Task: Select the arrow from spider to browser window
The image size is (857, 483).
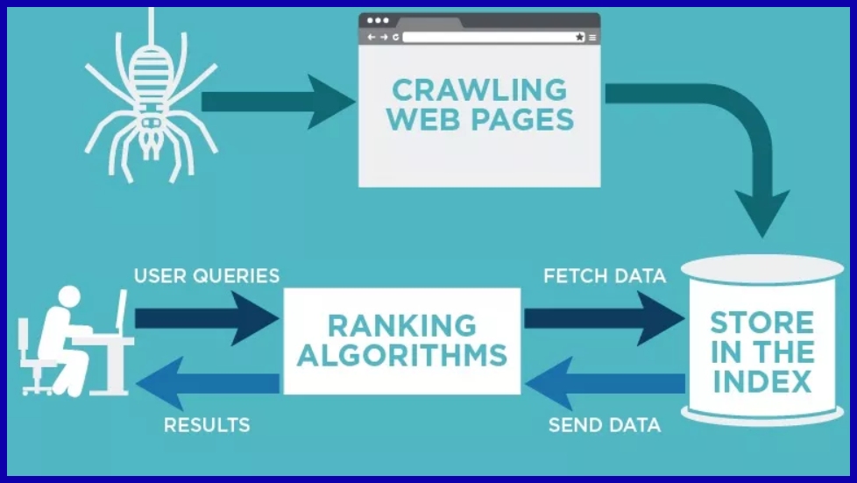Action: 272,101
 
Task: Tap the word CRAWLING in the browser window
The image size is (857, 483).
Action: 478,89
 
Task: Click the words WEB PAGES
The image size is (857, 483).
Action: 479,119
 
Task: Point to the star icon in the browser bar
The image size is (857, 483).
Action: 579,38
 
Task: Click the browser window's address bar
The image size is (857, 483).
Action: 487,38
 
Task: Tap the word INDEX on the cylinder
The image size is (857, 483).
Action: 761,382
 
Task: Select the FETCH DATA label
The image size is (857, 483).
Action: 605,276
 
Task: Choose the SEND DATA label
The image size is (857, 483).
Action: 605,426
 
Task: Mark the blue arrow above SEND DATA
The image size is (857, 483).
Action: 605,383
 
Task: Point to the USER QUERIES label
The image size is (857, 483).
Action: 207,276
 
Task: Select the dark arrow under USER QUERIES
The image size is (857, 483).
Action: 207,317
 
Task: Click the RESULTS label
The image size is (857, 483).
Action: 207,426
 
